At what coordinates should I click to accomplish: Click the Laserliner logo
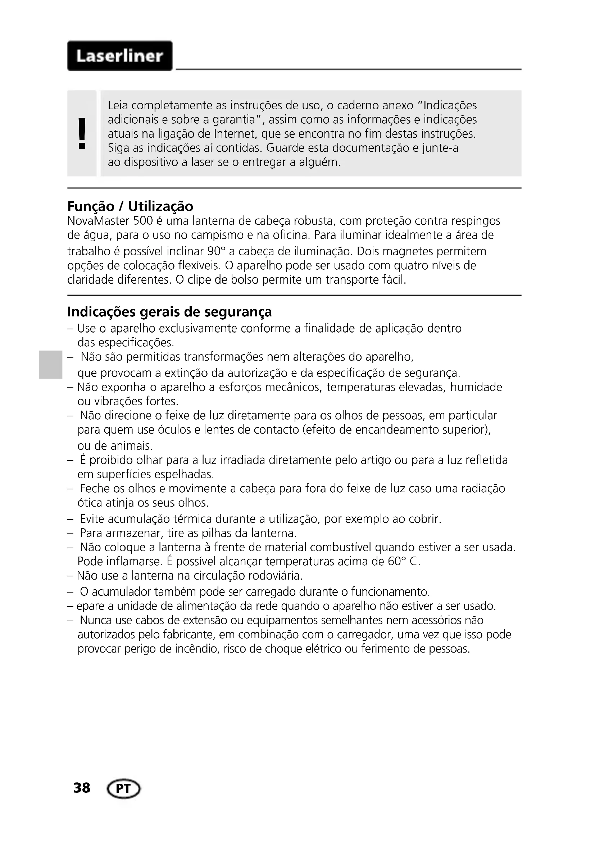click(x=119, y=56)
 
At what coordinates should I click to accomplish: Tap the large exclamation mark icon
click(x=82, y=133)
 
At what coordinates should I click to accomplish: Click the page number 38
click(x=82, y=787)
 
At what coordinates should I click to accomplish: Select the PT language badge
click(x=123, y=788)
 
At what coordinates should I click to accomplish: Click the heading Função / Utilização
click(x=130, y=207)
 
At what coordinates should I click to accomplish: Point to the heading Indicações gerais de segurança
click(x=169, y=312)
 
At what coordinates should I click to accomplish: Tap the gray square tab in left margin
click(x=50, y=365)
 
